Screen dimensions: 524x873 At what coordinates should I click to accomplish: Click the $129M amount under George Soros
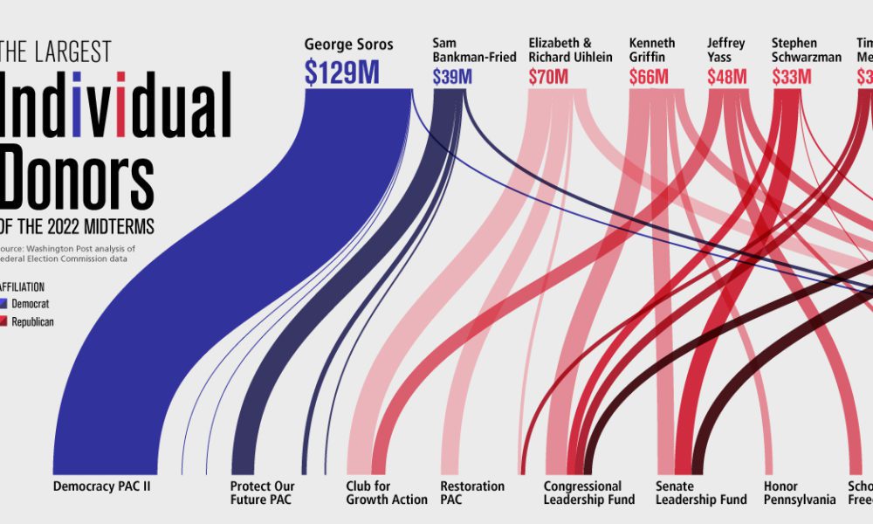[341, 73]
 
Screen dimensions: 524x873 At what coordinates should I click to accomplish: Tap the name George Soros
[348, 44]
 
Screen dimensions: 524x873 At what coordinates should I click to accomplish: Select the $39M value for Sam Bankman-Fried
[452, 77]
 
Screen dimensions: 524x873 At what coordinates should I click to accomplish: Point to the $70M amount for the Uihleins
[548, 77]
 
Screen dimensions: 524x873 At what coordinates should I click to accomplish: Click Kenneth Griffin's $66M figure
[649, 77]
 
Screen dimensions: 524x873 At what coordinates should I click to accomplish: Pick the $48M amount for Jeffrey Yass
[727, 77]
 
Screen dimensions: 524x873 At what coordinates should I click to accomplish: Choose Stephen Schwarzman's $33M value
[792, 77]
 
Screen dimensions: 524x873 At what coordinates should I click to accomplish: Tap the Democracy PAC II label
[102, 486]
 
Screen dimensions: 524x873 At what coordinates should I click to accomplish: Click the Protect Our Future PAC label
[263, 493]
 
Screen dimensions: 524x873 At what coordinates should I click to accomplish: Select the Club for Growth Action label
[387, 493]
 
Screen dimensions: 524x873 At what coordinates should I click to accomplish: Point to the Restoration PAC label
[472, 493]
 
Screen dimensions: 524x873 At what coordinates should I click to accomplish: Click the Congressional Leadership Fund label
[582, 493]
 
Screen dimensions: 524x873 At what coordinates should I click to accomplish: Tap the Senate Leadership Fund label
[701, 493]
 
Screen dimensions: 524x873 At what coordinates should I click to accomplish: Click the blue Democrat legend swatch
[3, 303]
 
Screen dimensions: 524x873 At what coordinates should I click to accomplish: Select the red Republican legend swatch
[3, 322]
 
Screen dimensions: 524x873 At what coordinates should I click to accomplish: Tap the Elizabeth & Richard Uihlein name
[570, 50]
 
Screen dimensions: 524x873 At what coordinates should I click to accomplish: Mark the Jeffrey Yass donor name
[725, 50]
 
